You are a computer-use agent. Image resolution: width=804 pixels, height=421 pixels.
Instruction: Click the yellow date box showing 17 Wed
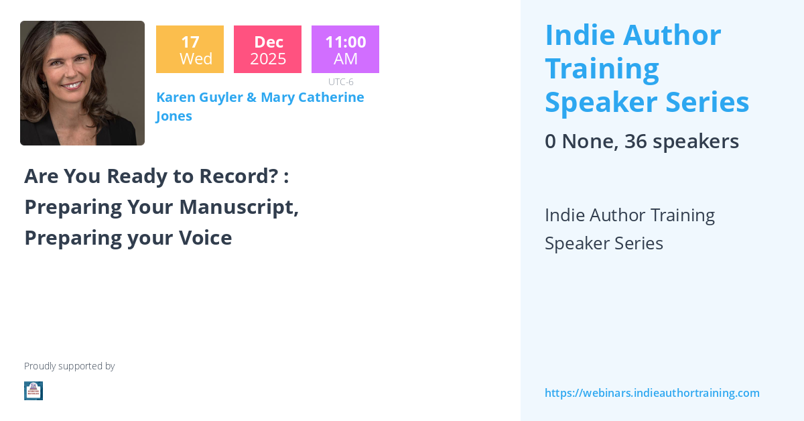190,49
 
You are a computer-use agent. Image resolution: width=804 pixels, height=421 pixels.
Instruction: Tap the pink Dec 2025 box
268,49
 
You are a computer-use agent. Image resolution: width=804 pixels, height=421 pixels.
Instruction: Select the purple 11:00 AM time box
345,49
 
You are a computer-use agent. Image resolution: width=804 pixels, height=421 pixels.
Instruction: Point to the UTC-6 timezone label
340,82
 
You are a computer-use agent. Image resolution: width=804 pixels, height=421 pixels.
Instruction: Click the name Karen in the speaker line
176,97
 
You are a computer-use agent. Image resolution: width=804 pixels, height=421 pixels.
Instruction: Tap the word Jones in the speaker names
174,117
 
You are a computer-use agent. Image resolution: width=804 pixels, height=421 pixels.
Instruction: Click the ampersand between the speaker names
252,97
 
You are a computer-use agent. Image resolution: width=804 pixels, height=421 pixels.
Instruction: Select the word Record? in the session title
239,176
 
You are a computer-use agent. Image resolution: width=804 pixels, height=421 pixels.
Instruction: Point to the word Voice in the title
205,238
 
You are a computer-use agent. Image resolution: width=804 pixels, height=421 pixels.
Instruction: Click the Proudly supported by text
69,366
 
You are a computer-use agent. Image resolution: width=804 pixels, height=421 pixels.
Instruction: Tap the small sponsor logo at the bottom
33,391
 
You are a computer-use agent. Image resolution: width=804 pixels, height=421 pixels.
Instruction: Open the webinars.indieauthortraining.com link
652,393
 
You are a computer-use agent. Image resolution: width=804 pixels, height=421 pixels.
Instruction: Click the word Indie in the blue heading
580,36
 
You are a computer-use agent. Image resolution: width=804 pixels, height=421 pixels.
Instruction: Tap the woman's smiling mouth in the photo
72,86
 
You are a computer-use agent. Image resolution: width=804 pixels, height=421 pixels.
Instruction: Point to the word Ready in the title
137,176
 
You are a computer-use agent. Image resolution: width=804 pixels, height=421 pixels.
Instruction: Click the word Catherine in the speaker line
331,97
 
